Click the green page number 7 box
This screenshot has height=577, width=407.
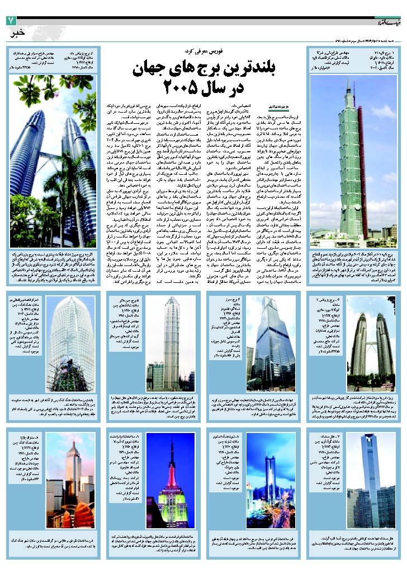pyautogui.click(x=10, y=20)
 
